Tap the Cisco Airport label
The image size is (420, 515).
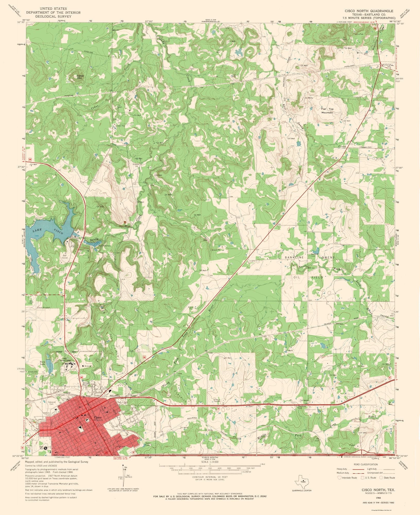pyautogui.click(x=43, y=307)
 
